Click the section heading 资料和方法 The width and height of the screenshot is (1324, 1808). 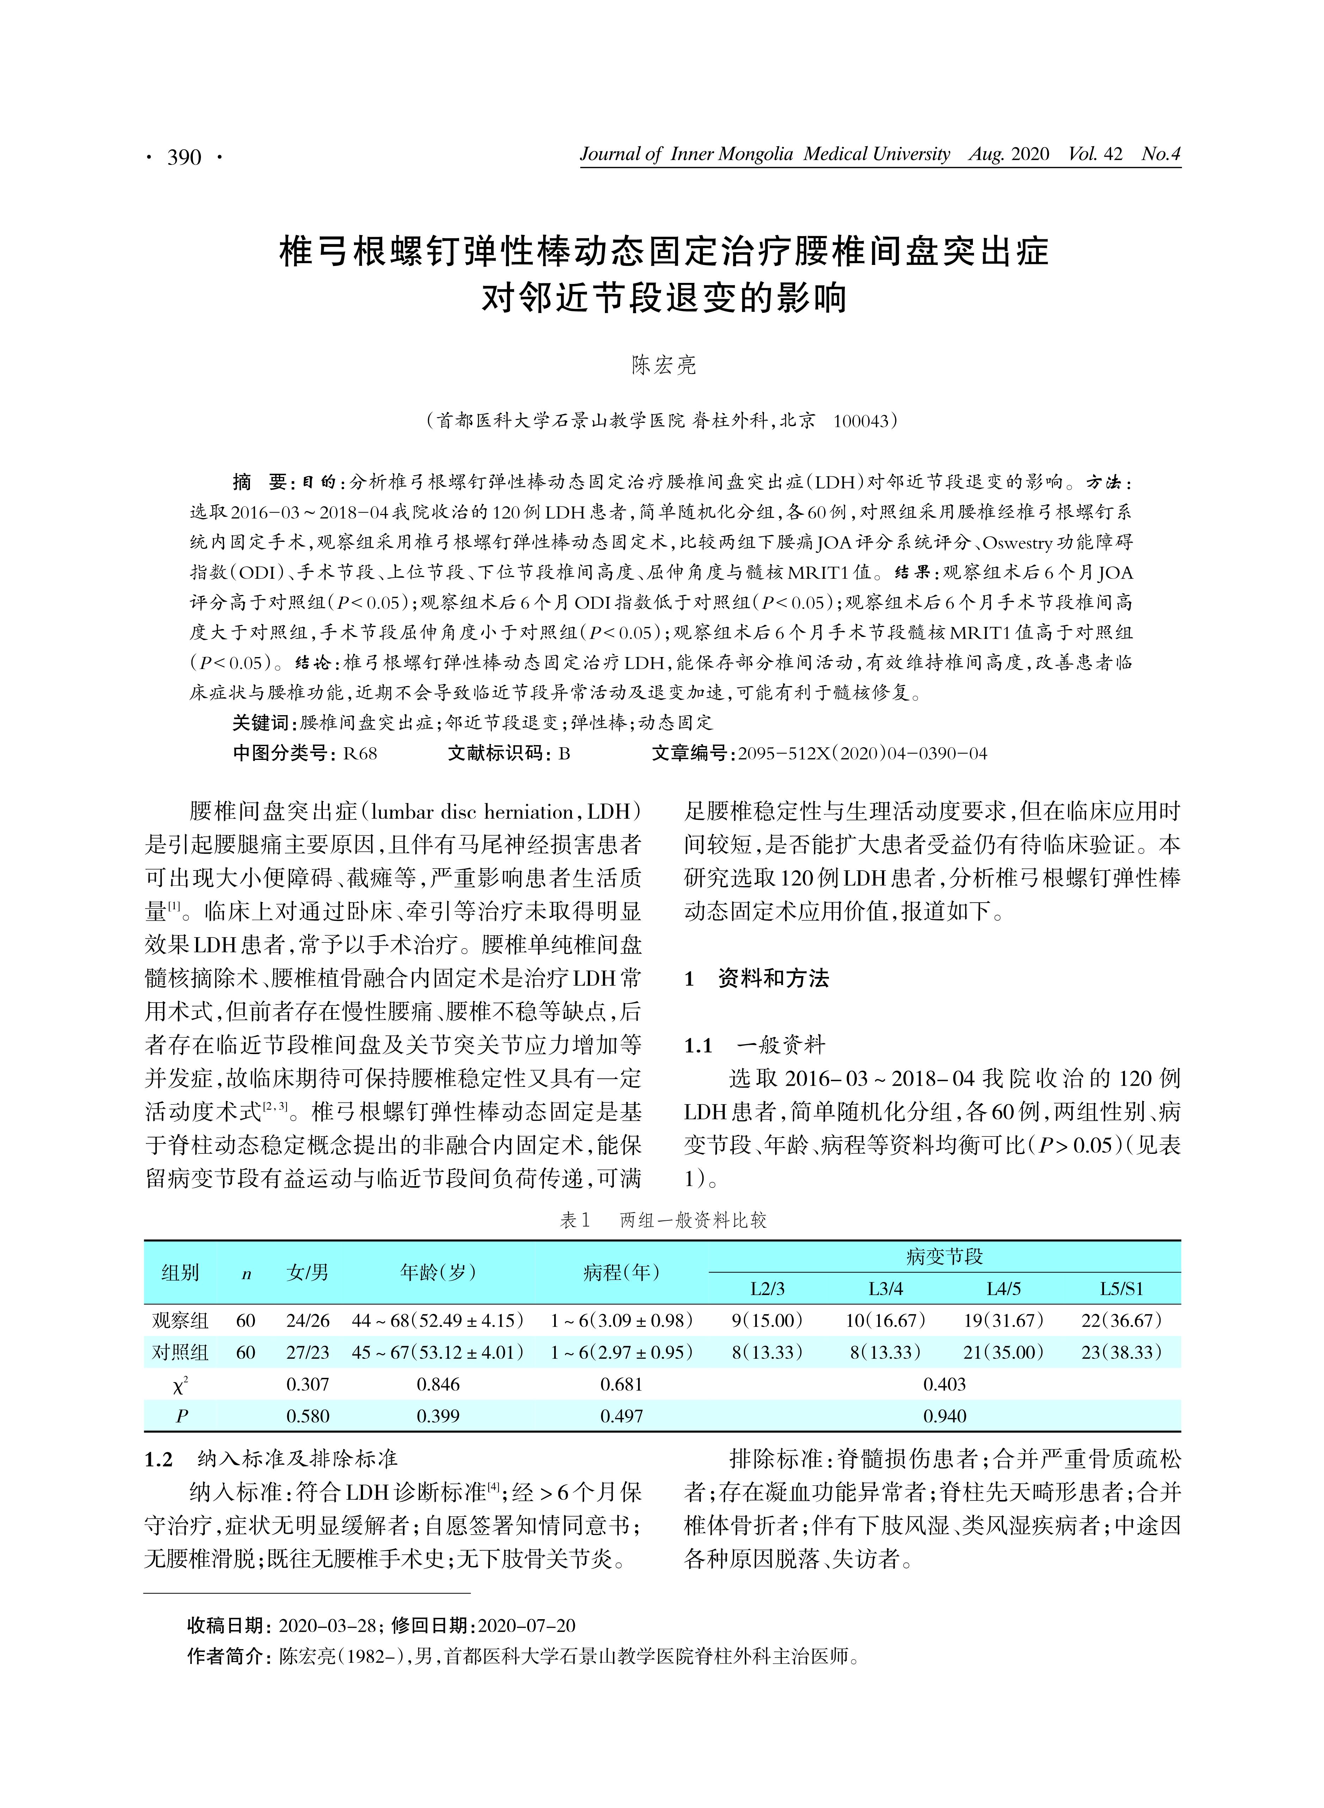pyautogui.click(x=773, y=978)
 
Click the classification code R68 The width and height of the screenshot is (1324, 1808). pyautogui.click(x=360, y=753)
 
